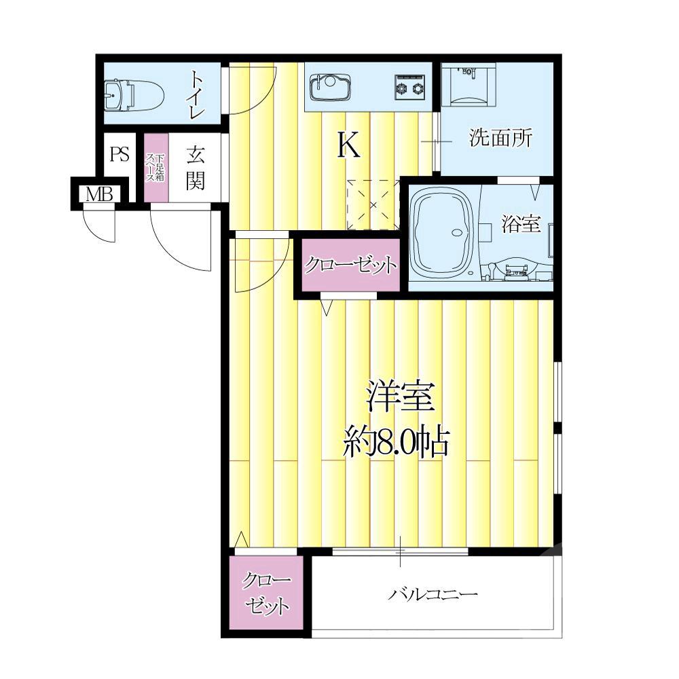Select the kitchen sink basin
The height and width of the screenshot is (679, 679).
click(x=330, y=87)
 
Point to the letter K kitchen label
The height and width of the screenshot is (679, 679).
click(x=348, y=145)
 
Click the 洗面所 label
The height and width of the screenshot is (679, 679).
click(x=500, y=138)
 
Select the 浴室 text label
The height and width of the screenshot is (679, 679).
click(x=521, y=224)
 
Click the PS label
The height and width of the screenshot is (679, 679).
click(x=120, y=153)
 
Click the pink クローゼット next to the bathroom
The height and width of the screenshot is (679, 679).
click(x=351, y=265)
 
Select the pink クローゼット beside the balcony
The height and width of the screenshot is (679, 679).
click(x=266, y=592)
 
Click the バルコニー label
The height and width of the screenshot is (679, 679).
click(x=433, y=593)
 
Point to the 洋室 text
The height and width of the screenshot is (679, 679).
click(x=401, y=397)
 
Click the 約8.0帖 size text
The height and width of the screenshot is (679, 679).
click(x=395, y=443)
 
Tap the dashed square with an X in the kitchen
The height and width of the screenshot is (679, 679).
click(x=373, y=205)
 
